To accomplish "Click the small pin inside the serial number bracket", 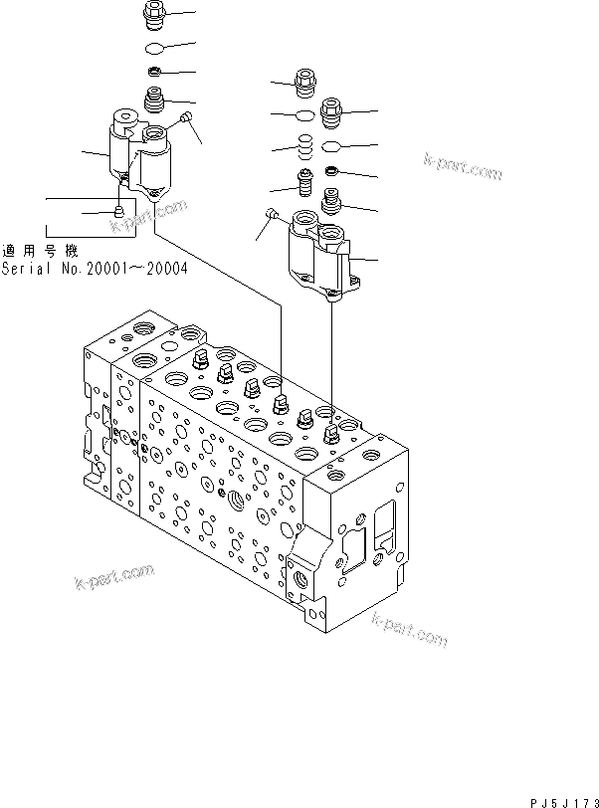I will tap(117, 211).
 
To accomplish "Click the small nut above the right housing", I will tap(333, 175).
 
